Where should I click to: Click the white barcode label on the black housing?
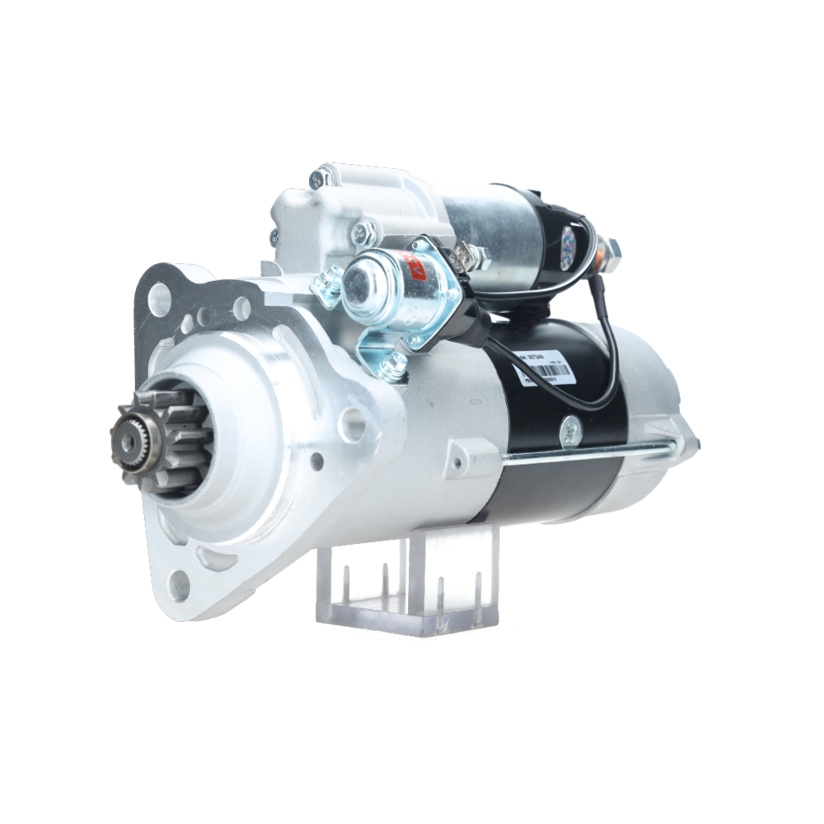tap(544, 367)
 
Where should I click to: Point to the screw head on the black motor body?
tap(569, 430)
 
